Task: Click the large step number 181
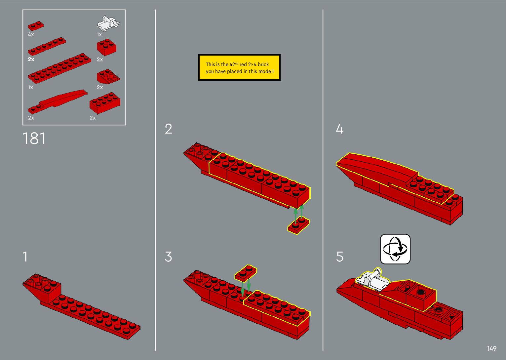click(x=34, y=139)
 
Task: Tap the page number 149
click(x=491, y=348)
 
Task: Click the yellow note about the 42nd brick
click(x=239, y=68)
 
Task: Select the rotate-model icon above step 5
click(x=395, y=249)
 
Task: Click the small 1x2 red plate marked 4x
click(x=36, y=26)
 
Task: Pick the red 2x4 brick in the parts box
click(x=105, y=103)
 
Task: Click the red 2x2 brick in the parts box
click(x=106, y=48)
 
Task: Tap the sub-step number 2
click(x=169, y=129)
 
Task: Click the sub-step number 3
click(x=169, y=257)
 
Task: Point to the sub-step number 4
click(x=339, y=129)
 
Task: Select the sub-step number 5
click(x=340, y=257)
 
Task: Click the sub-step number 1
click(x=25, y=257)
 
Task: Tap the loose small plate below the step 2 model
click(x=298, y=226)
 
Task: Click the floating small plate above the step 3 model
click(x=246, y=273)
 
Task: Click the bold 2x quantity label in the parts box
click(x=31, y=60)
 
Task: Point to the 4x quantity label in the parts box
click(x=31, y=34)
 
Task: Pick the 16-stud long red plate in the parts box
click(x=59, y=68)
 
